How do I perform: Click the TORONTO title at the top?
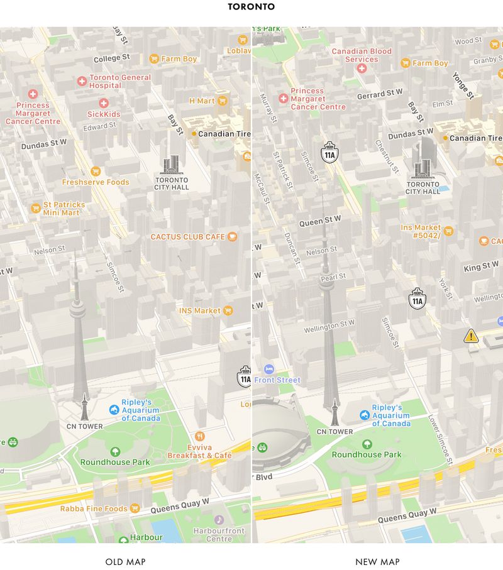click(x=251, y=7)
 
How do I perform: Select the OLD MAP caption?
click(x=125, y=562)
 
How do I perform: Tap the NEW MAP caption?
click(x=377, y=562)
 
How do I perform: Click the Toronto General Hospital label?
click(x=119, y=81)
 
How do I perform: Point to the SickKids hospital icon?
click(x=104, y=103)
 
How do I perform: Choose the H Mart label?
click(x=202, y=101)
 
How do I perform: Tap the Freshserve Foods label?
click(x=96, y=182)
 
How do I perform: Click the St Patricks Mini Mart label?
click(x=64, y=208)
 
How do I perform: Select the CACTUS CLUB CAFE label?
click(x=187, y=237)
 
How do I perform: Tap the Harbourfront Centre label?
click(x=219, y=534)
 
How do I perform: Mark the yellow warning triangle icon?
click(x=471, y=336)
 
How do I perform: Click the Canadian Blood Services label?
click(x=362, y=55)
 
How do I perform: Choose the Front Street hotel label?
click(x=278, y=380)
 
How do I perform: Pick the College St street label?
click(x=111, y=59)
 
